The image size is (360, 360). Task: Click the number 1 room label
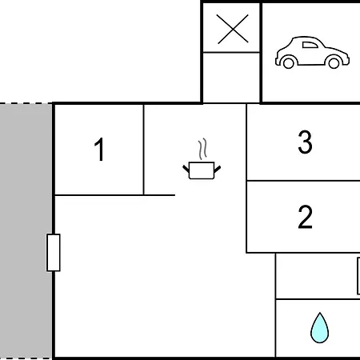click(99, 150)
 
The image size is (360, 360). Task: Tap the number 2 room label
click(305, 217)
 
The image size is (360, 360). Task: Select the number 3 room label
click(305, 142)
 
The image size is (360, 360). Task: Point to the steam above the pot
click(202, 149)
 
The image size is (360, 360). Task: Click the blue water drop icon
click(319, 328)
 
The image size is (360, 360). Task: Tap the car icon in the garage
click(312, 52)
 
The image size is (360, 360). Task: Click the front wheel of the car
click(334, 63)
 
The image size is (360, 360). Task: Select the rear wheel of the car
click(288, 63)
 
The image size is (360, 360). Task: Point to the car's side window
click(310, 45)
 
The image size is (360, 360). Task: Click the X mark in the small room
click(233, 29)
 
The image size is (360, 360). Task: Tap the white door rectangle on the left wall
click(54, 252)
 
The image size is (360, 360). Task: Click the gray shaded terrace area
click(26, 231)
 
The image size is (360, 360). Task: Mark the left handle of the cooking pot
click(186, 169)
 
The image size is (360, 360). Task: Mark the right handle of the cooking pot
click(218, 169)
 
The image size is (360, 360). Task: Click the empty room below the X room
click(231, 78)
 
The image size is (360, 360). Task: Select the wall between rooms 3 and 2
click(303, 181)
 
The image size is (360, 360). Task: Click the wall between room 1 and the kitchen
click(143, 150)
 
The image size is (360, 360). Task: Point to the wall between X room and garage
click(261, 52)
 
